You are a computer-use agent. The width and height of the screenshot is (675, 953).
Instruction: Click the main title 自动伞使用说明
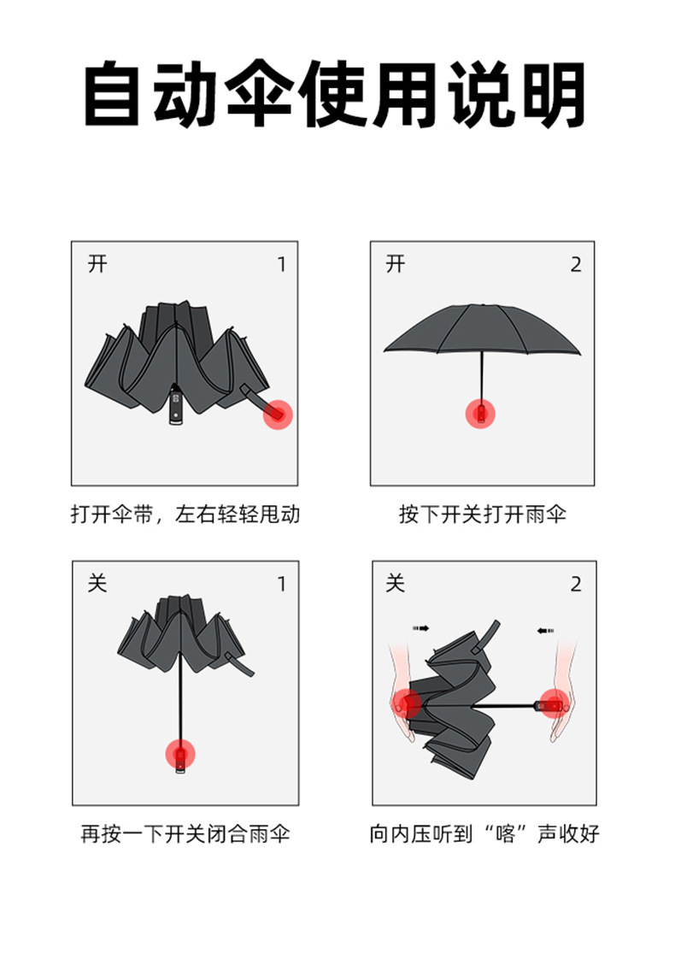coord(335,94)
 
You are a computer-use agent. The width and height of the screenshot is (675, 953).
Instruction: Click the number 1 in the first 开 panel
coord(282,265)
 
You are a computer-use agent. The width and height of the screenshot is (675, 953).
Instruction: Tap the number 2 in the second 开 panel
coord(576,265)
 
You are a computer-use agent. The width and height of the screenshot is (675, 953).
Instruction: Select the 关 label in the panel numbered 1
coord(98,584)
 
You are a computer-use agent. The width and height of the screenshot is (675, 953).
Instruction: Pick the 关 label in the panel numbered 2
coord(395,584)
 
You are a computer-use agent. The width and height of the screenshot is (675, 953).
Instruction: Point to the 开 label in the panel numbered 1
coord(98,264)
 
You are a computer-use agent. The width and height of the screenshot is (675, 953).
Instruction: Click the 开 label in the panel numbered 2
coord(395,264)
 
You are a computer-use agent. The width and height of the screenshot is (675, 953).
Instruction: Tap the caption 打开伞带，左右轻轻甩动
coord(185,515)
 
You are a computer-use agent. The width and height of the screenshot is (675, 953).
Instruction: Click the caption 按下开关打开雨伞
coord(483,515)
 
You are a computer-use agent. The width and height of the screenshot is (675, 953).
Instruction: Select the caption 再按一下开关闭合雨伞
coord(185,833)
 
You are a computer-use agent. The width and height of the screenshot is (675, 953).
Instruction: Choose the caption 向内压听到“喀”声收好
coord(484,833)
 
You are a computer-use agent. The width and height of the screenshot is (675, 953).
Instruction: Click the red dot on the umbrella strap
coord(278,415)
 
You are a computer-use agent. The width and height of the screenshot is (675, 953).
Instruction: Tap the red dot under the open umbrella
coord(481,414)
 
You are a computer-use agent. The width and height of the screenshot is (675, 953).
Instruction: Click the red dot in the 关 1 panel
coord(180,754)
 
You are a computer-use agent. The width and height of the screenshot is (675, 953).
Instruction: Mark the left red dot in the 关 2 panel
coord(409,704)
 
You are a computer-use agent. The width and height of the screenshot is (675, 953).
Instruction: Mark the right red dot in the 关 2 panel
coord(555,704)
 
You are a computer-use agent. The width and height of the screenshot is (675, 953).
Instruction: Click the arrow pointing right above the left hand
coord(420,629)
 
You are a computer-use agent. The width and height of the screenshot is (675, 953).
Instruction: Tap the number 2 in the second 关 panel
coord(576,585)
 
